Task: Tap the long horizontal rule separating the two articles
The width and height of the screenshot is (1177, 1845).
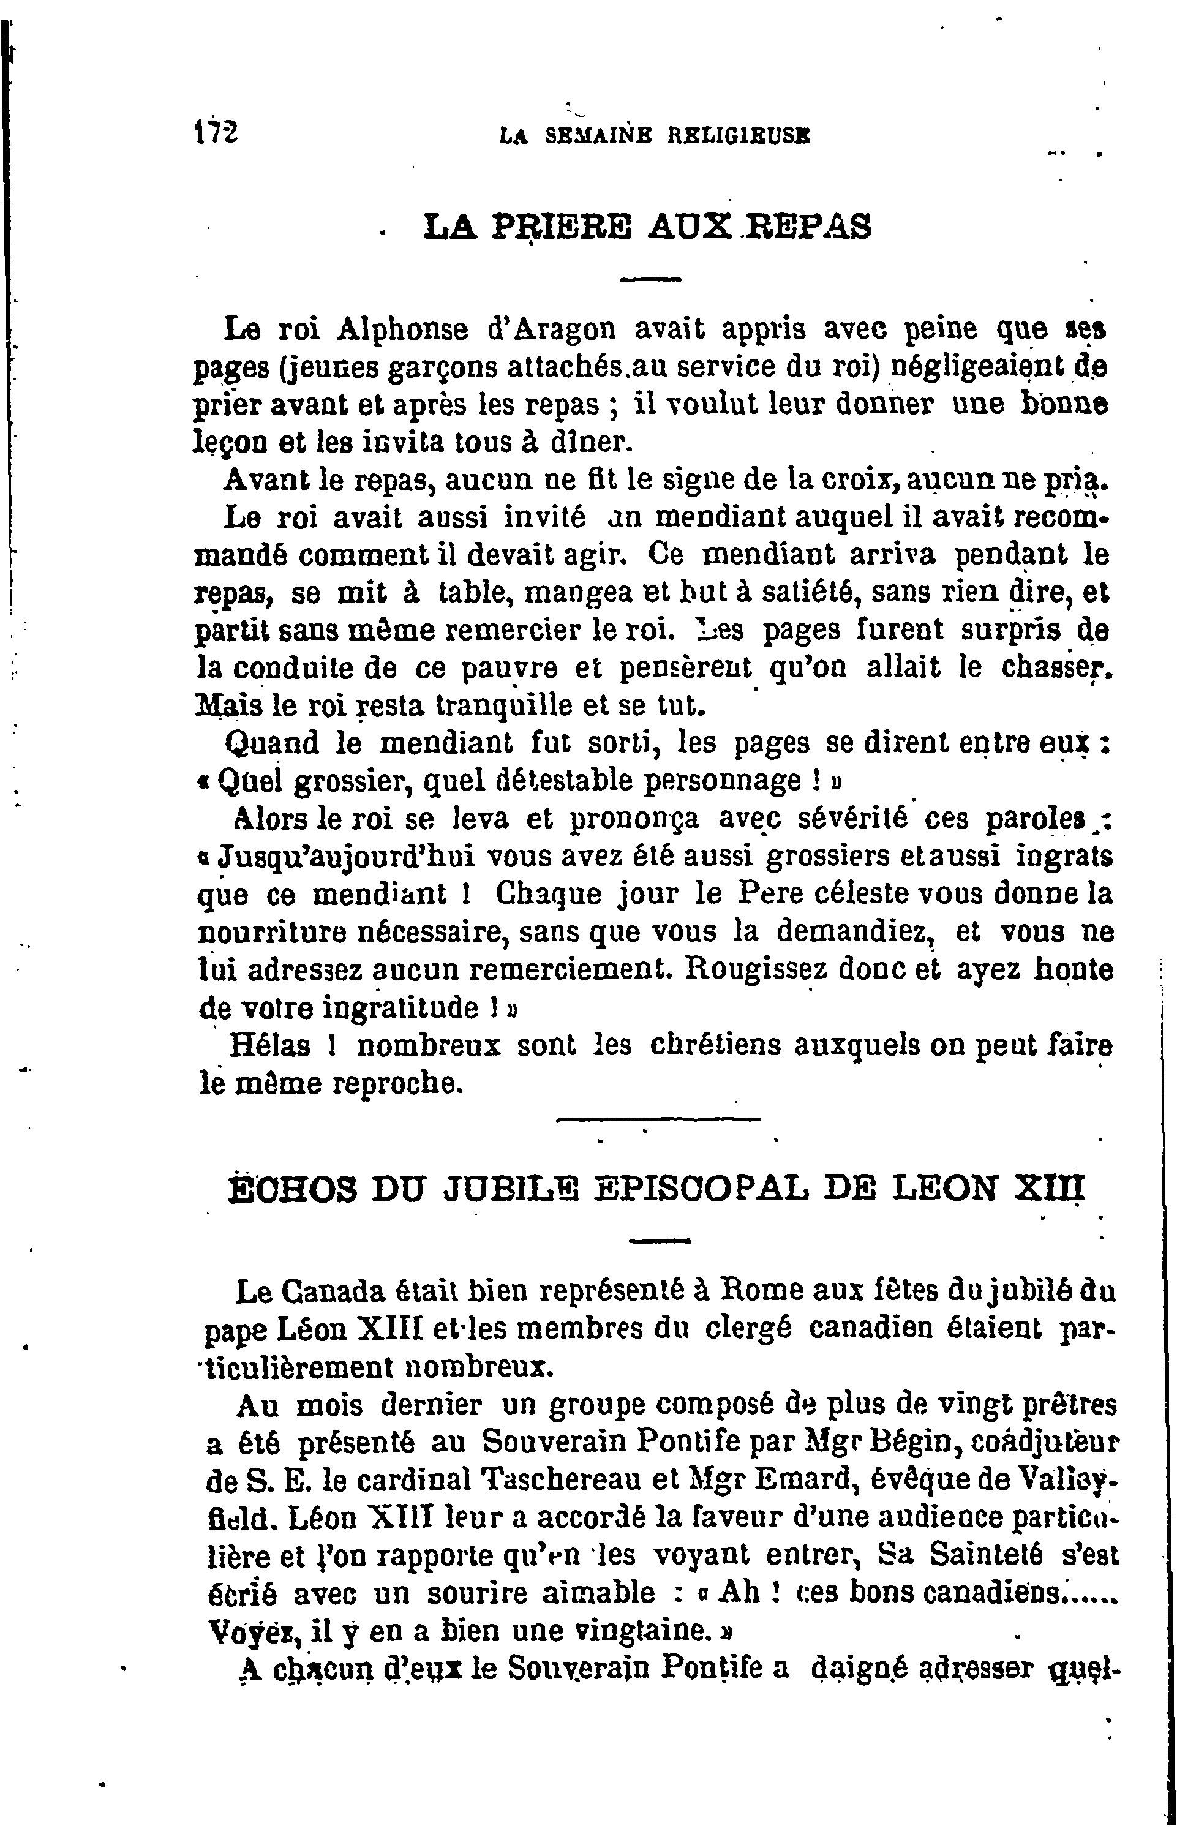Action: (658, 1120)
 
